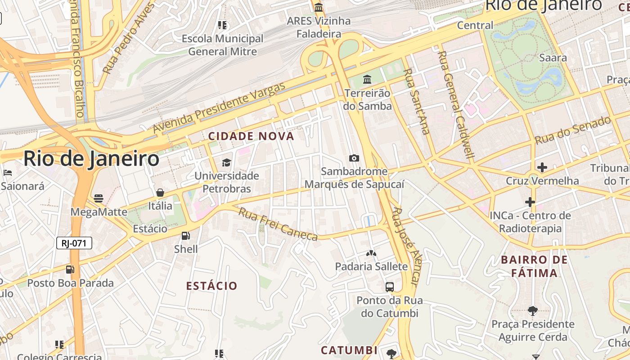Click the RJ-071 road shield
pos(74,243)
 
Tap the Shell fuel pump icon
pos(185,236)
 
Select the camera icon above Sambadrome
pos(354,158)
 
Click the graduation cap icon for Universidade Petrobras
pos(226,162)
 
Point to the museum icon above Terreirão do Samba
pos(367,80)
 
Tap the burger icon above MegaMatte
pos(99,198)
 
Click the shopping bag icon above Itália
pos(160,193)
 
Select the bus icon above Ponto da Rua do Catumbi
pos(390,287)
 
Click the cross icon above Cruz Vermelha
pos(542,167)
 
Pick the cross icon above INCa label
pos(530,202)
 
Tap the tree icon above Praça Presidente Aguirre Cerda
pos(533,310)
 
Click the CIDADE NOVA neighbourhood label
pos(251,136)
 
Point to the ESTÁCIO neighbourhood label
pos(211,286)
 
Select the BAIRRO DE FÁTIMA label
pos(535,266)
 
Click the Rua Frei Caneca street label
pos(278,224)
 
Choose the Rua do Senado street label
pos(573,130)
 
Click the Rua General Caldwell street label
pos(456,106)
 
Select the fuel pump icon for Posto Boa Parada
pos(70,270)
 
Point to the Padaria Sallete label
pos(371,266)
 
